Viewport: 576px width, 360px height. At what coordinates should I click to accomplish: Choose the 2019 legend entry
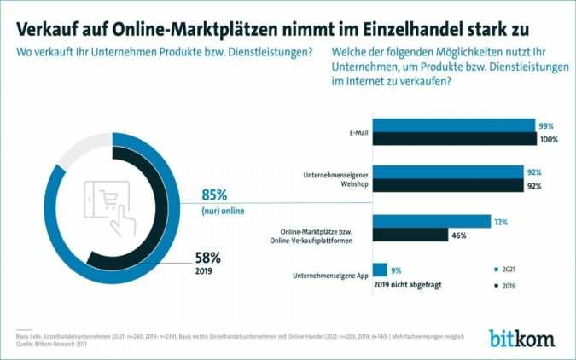click(505, 287)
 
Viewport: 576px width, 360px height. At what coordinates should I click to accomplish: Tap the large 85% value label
click(216, 195)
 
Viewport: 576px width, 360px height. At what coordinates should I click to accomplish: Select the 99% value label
click(545, 125)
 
